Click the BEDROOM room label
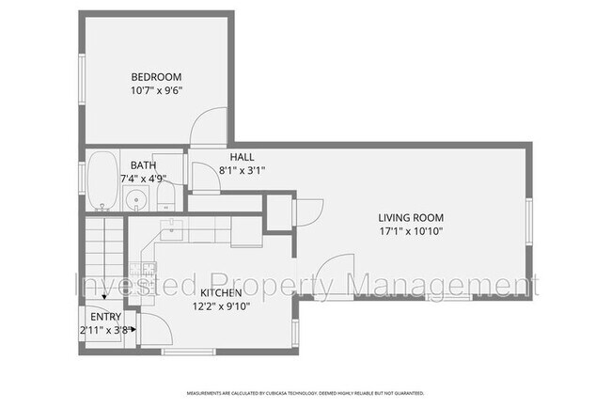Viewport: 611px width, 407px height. (x=156, y=77)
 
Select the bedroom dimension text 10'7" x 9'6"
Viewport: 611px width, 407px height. (x=156, y=91)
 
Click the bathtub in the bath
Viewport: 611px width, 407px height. (x=101, y=179)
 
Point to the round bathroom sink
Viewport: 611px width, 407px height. (x=137, y=199)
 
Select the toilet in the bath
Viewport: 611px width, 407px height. (x=165, y=196)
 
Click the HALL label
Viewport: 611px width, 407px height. (x=242, y=157)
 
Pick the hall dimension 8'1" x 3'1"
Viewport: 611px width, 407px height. (x=242, y=171)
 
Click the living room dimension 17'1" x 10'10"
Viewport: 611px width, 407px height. (x=410, y=230)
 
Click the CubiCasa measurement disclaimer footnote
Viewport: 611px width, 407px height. (x=305, y=392)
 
